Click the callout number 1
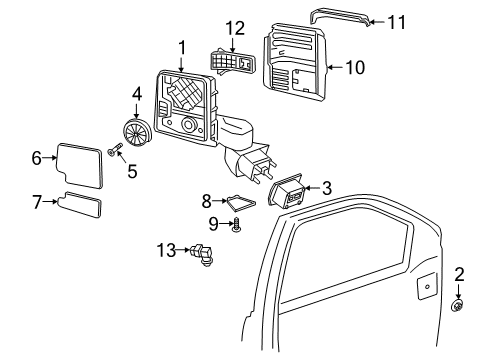pyautogui.click(x=182, y=46)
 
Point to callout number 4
pyautogui.click(x=137, y=95)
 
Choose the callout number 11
pyautogui.click(x=398, y=21)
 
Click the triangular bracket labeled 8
pyautogui.click(x=237, y=202)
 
